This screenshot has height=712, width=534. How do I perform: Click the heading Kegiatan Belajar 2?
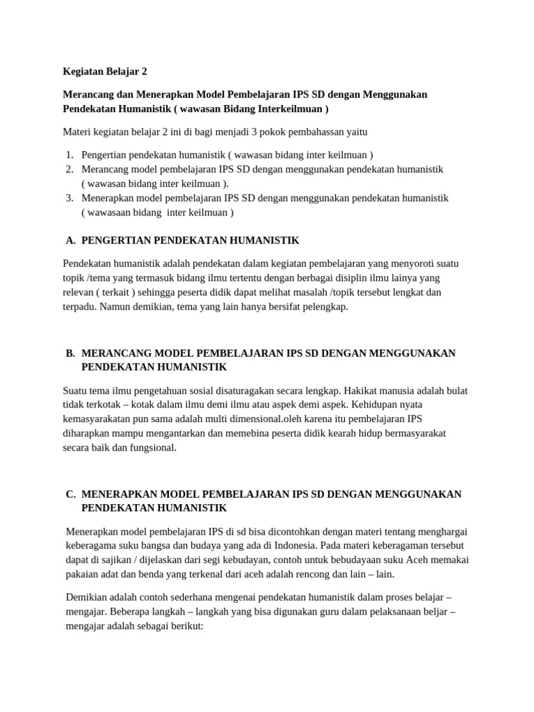(105, 71)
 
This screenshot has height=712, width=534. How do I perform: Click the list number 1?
(70, 154)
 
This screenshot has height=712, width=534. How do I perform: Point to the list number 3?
(70, 197)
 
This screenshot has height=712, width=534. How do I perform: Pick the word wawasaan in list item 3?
(112, 212)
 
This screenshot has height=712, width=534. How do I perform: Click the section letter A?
(70, 240)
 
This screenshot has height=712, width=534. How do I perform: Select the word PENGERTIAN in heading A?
(114, 240)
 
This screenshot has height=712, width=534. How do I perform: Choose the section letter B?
(70, 353)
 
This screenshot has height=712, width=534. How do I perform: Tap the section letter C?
(70, 494)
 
